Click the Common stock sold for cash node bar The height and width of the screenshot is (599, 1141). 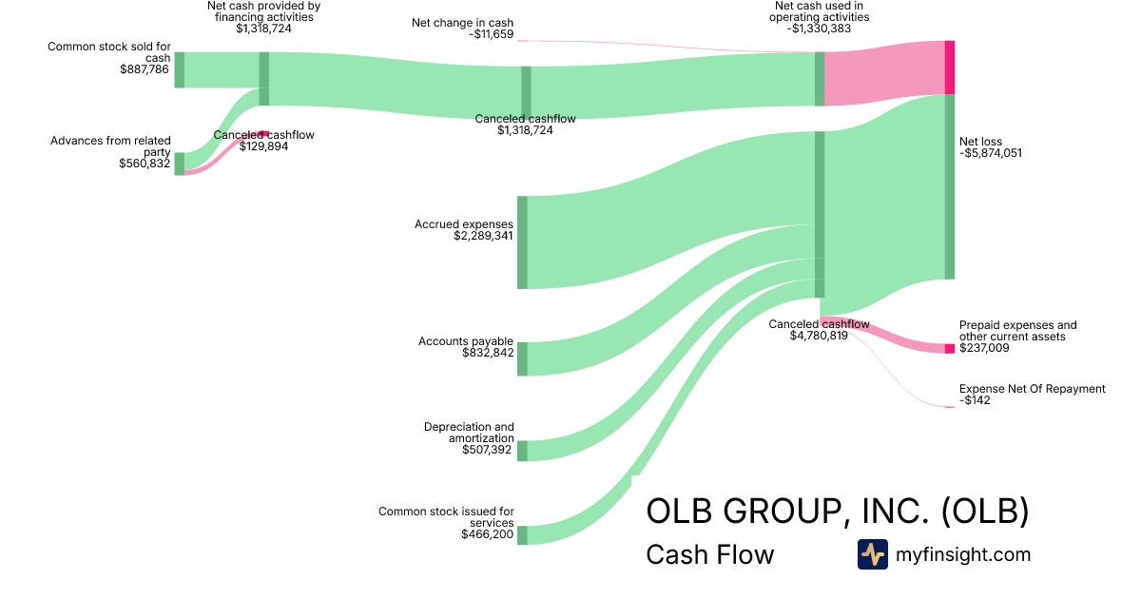(179, 70)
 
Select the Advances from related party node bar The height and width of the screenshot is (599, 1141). (179, 164)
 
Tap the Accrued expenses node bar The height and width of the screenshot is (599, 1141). (522, 242)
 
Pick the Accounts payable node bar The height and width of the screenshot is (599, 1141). (522, 358)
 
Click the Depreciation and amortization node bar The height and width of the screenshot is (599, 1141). (522, 451)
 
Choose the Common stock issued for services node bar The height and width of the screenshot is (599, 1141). (522, 535)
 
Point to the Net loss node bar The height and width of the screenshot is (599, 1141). (949, 186)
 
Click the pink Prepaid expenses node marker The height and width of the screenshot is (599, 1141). (949, 348)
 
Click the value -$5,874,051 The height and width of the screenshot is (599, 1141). (991, 153)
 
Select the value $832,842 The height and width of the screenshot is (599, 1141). (487, 353)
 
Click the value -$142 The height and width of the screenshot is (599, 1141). (975, 401)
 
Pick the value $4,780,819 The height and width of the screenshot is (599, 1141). (819, 336)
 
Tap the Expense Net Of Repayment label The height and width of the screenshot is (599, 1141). (1032, 389)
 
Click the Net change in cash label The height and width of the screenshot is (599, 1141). (462, 22)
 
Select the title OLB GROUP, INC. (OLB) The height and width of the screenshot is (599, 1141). (837, 512)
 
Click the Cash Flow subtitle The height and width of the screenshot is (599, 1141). (709, 554)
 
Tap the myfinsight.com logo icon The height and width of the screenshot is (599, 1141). (872, 554)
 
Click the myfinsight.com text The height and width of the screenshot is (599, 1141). (963, 554)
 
